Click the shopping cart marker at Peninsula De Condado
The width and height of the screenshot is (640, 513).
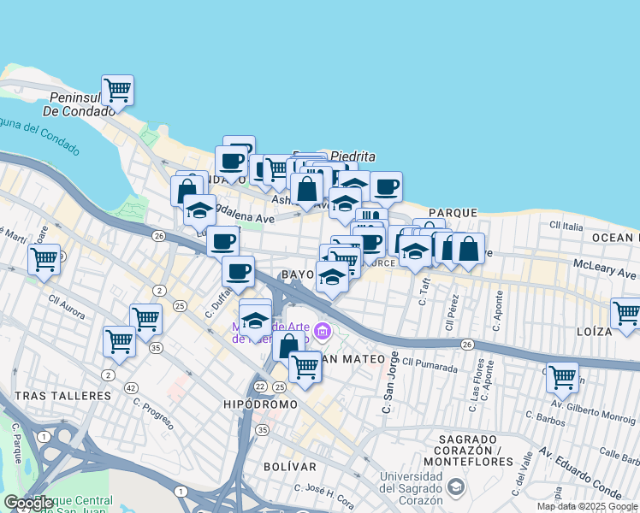[x=116, y=89]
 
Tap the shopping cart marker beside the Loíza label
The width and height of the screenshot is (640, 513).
[x=626, y=312]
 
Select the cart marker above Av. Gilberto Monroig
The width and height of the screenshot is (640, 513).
[x=561, y=375]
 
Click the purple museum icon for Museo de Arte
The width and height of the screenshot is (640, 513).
[x=322, y=331]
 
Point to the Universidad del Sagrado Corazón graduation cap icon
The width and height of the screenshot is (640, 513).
[x=456, y=487]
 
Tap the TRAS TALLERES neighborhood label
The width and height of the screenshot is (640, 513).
[x=62, y=396]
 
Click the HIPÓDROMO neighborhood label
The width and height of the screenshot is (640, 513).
[x=260, y=404]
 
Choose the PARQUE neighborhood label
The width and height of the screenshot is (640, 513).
[x=453, y=212]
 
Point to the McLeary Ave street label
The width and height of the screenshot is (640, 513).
[x=605, y=270]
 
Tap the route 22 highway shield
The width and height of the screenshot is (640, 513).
[x=258, y=386]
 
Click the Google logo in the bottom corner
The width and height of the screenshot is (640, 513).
[x=28, y=503]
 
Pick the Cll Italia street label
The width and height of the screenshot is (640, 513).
[x=566, y=226]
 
